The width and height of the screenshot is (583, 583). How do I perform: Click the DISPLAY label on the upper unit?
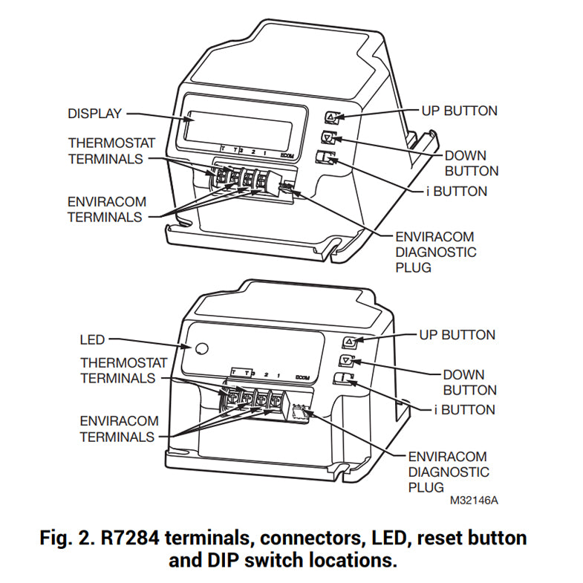[x=94, y=114]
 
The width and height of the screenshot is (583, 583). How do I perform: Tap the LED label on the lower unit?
[x=92, y=340]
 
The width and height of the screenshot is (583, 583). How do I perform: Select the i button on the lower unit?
[x=342, y=380]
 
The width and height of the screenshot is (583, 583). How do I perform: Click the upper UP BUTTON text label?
[x=459, y=111]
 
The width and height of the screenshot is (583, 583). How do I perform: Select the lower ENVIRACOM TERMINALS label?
[x=117, y=429]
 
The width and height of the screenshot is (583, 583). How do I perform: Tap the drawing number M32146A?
[x=474, y=501]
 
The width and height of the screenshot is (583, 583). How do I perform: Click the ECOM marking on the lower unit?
[x=302, y=377]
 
